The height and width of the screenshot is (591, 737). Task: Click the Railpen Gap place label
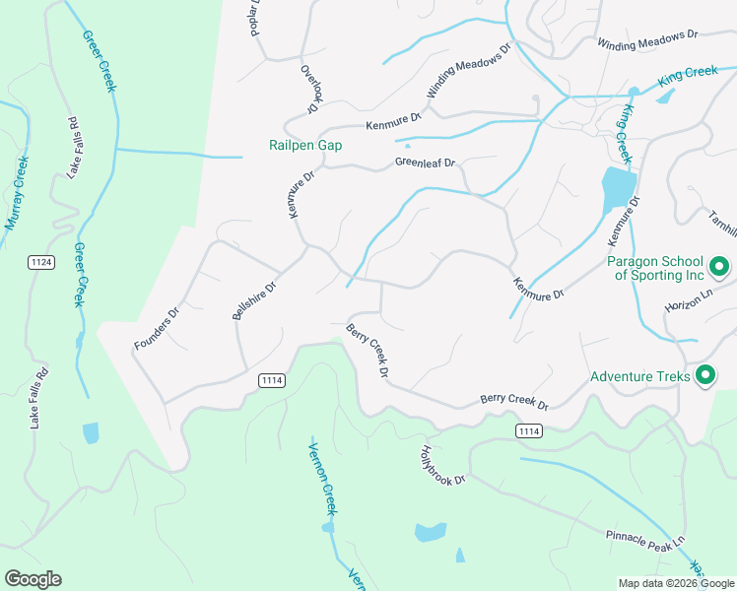[x=305, y=145]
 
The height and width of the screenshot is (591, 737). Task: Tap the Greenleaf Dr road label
[x=426, y=163]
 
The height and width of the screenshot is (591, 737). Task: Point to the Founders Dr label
[x=157, y=330]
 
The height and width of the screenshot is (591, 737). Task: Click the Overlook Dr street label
[x=312, y=91]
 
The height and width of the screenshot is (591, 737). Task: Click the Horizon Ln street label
[x=687, y=296]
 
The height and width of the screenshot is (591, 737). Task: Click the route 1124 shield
[x=41, y=262]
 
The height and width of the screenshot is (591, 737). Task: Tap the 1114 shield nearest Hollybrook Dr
[x=528, y=431]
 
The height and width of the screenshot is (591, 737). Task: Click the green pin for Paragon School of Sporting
[x=718, y=266]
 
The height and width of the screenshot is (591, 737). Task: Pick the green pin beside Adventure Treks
[x=704, y=375]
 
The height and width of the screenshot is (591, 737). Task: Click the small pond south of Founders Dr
[x=91, y=432]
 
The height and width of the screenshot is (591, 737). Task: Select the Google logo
[x=33, y=579]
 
